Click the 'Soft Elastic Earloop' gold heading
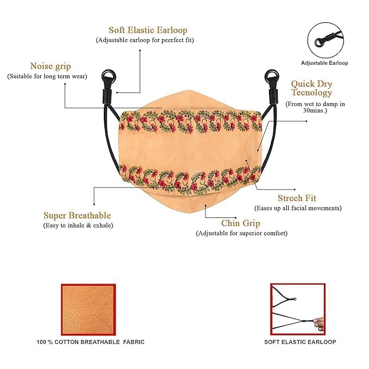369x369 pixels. [x=148, y=30]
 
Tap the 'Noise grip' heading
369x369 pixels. [x=51, y=66]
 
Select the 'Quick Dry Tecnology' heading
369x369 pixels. [x=311, y=88]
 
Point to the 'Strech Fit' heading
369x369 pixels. [x=297, y=198]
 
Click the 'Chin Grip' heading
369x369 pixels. [x=241, y=223]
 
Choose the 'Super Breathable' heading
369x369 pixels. [x=77, y=215]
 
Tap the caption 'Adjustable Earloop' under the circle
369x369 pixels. [x=324, y=63]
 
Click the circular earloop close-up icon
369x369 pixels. [x=326, y=40]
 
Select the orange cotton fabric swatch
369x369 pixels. [x=89, y=310]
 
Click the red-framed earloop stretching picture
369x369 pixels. [x=298, y=309]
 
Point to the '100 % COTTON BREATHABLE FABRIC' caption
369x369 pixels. [x=91, y=342]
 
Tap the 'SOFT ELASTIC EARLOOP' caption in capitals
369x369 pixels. [x=300, y=342]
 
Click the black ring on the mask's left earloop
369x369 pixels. [x=109, y=76]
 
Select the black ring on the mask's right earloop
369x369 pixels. [x=272, y=76]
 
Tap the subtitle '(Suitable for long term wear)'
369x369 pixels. [x=47, y=77]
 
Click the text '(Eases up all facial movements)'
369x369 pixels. [x=298, y=208]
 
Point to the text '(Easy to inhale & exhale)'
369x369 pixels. [x=78, y=226]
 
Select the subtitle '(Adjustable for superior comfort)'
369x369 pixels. [x=242, y=233]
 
